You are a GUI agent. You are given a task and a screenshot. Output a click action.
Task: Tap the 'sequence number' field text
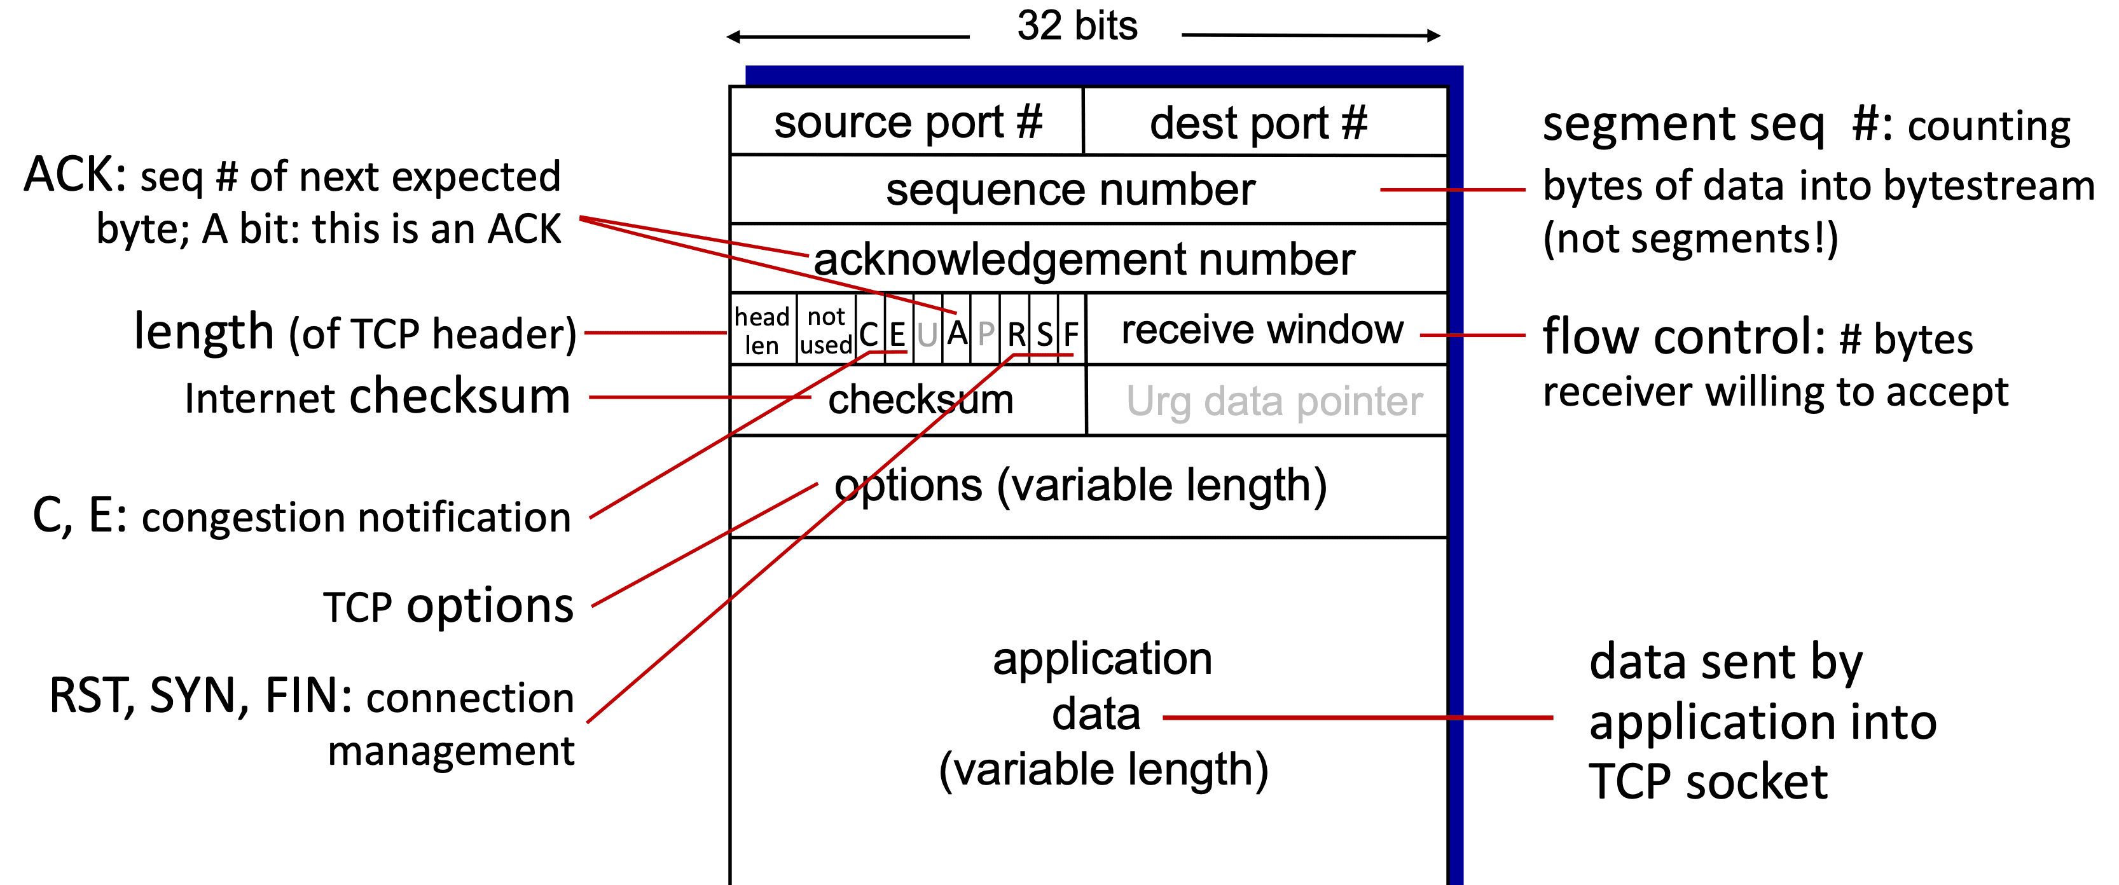[x=1070, y=190]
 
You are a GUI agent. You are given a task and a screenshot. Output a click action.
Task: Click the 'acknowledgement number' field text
[x=1084, y=259]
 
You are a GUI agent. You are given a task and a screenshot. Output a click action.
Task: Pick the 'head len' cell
[x=763, y=330]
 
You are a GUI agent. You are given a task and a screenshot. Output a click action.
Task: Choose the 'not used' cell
[x=826, y=330]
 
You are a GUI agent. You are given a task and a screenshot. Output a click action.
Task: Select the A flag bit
[x=956, y=334]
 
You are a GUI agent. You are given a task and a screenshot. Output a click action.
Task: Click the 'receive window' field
[x=1262, y=330]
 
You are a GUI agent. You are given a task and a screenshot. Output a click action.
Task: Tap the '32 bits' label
[x=1077, y=25]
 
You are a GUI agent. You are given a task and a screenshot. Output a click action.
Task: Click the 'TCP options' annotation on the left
[x=448, y=606]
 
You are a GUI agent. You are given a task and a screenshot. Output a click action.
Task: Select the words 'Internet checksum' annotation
[x=378, y=397]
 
